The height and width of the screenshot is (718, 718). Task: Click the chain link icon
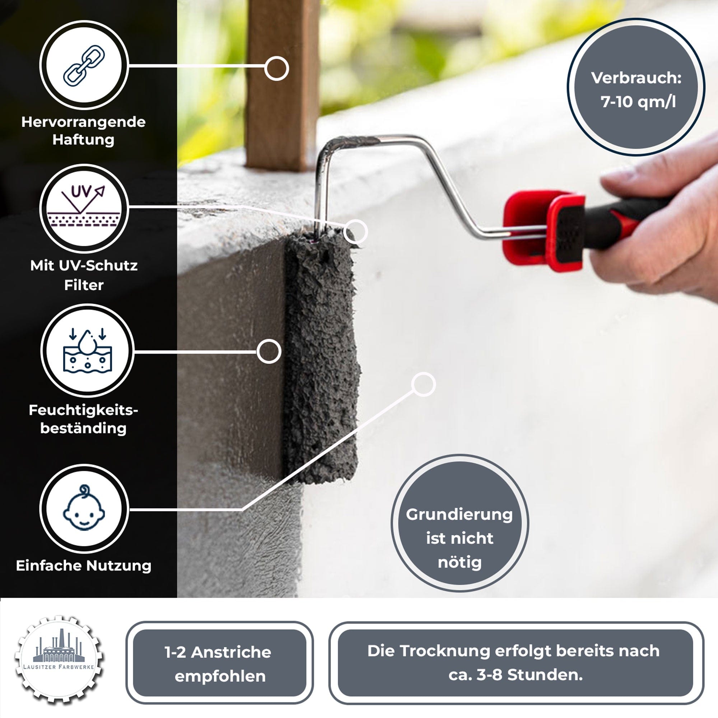click(x=84, y=65)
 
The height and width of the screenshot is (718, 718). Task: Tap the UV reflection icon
click(x=84, y=208)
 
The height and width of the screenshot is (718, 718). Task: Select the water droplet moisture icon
click(x=87, y=350)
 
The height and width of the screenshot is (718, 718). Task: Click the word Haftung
click(x=83, y=140)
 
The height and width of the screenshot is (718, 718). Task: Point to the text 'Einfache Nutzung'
click(x=84, y=566)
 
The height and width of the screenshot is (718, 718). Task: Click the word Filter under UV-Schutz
click(x=84, y=285)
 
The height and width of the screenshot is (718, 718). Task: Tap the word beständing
click(x=83, y=428)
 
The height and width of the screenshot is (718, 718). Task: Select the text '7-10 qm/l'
click(x=638, y=102)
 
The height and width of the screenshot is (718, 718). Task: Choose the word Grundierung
click(x=460, y=515)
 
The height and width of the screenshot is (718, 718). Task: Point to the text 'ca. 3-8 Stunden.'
click(x=516, y=675)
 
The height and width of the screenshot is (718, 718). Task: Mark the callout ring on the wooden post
click(x=276, y=68)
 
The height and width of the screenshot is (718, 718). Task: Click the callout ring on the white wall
click(x=423, y=384)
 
